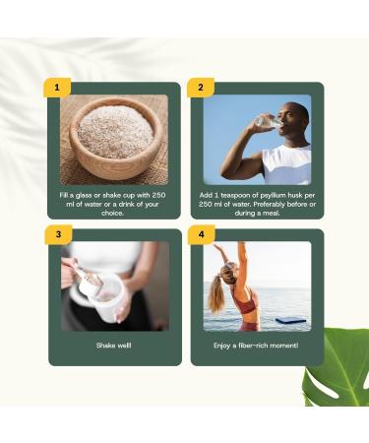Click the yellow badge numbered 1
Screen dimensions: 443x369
point(58,88)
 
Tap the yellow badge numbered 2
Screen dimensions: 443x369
point(201,88)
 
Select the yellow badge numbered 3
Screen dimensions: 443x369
point(58,234)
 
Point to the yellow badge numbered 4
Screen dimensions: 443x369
point(201,234)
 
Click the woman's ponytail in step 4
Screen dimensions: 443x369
point(217,295)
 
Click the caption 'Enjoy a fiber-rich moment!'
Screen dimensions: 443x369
point(256,347)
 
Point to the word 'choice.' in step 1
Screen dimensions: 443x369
point(113,213)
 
